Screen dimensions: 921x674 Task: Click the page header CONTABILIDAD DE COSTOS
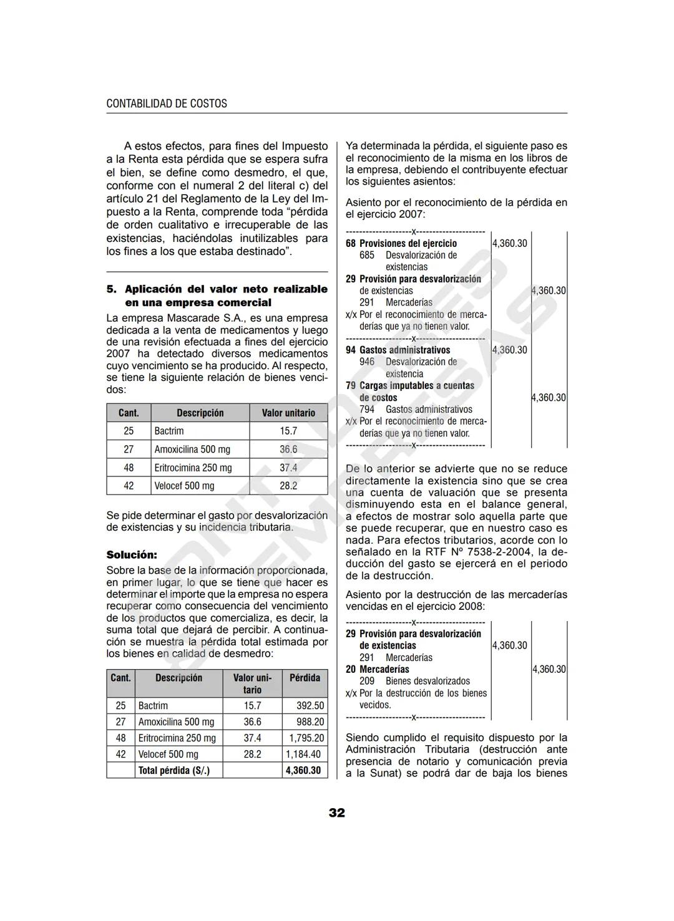click(x=167, y=104)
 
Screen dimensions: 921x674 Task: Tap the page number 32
click(x=337, y=813)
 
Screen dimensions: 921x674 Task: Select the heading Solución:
click(x=132, y=554)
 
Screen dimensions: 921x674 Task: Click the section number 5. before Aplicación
click(x=112, y=289)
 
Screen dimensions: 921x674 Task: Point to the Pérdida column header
click(x=305, y=678)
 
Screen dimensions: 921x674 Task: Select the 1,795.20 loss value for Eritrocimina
click(x=306, y=738)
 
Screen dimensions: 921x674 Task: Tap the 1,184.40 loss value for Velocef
click(x=304, y=755)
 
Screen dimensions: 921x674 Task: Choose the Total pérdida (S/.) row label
click(x=173, y=771)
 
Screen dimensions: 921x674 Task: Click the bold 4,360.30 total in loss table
click(x=303, y=771)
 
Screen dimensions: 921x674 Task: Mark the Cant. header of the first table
click(x=129, y=413)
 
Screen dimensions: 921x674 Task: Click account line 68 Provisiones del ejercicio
click(x=401, y=244)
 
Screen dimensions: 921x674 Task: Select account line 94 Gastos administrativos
click(x=398, y=350)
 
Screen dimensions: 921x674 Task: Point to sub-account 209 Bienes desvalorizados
click(x=414, y=682)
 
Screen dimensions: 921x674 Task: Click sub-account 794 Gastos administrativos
click(x=416, y=410)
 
